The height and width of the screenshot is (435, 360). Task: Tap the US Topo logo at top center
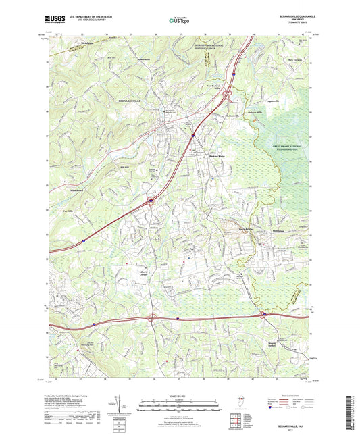coord(178,20)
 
